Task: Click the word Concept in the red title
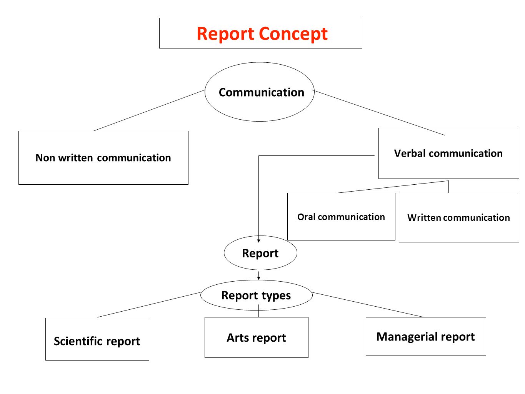pos(293,34)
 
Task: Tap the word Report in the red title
pos(225,34)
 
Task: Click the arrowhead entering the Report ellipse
pos(258,241)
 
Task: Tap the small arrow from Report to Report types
pos(258,275)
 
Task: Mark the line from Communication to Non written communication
pos(149,110)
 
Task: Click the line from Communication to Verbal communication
pos(378,113)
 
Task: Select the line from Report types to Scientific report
pos(149,305)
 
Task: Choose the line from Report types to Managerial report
pos(368,305)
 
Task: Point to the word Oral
pos(307,217)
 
